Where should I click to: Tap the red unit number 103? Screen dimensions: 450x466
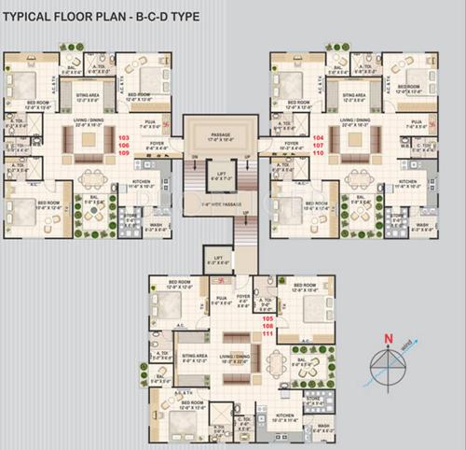[x=124, y=137]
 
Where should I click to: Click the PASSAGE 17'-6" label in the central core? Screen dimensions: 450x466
[x=220, y=135]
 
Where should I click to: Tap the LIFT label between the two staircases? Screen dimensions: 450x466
[x=220, y=174]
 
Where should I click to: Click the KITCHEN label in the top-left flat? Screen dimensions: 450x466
[x=141, y=182]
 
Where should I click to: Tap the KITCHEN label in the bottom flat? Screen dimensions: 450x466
[x=285, y=416]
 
